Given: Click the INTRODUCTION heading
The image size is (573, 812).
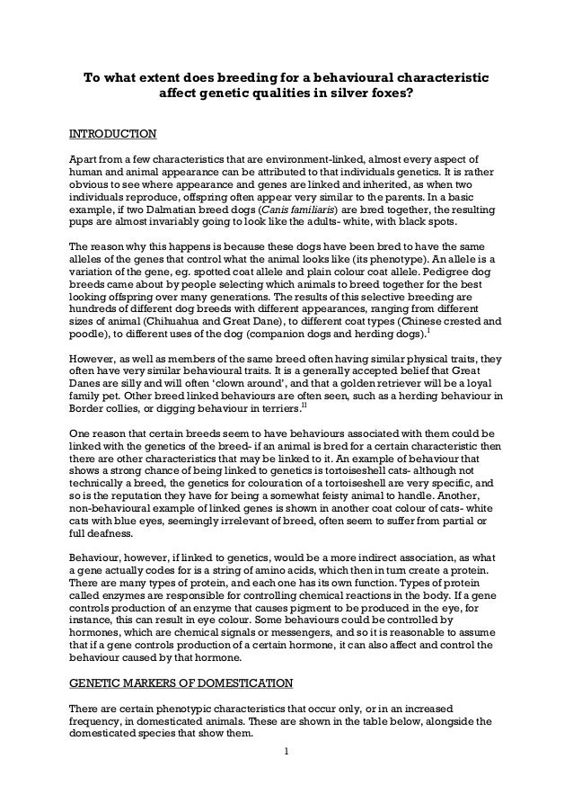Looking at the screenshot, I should pos(113,135).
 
